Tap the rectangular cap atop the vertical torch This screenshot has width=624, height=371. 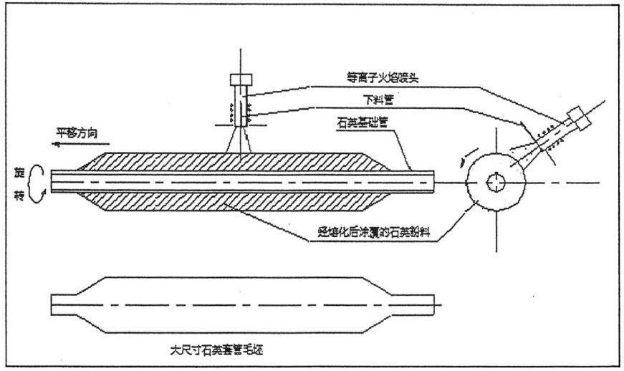(x=239, y=79)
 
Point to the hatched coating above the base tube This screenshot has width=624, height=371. (x=236, y=162)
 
